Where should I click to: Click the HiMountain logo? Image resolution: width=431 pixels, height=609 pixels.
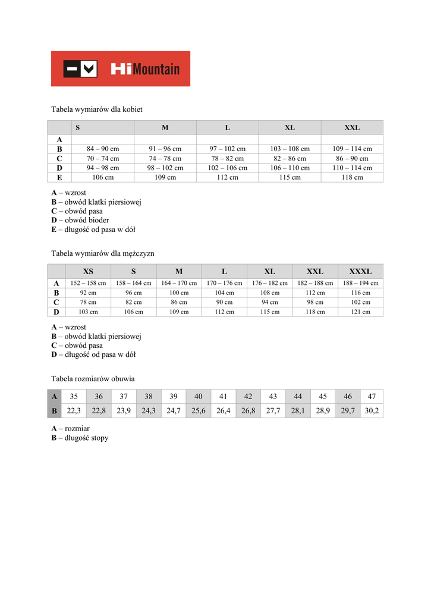121,68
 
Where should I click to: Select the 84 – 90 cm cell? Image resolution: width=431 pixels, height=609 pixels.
103,149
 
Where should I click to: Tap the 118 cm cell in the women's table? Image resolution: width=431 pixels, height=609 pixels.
352,177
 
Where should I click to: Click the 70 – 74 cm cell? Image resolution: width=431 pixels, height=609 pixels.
103,158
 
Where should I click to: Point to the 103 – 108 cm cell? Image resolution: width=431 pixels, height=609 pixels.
290,149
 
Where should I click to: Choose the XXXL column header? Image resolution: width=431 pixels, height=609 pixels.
360,271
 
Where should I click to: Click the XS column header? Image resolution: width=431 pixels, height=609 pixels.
88,271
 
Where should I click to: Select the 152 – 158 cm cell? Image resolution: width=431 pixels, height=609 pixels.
88,283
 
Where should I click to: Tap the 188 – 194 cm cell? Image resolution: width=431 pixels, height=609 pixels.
360,283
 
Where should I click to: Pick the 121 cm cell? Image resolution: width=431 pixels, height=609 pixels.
360,312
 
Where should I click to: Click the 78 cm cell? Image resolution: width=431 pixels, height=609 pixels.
88,302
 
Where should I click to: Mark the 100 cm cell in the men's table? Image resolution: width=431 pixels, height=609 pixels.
179,293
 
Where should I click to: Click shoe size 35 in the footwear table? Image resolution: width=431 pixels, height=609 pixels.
74,396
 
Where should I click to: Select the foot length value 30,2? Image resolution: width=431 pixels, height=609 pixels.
372,410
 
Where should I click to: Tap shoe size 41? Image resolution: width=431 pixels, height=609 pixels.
223,396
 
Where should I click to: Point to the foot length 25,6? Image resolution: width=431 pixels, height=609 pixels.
198,410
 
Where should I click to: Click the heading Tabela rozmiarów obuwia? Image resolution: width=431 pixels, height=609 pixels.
93,378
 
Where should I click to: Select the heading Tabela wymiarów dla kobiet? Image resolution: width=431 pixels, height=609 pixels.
97,109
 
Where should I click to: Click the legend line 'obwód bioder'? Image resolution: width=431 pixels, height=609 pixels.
80,220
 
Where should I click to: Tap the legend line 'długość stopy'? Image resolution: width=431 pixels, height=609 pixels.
80,438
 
